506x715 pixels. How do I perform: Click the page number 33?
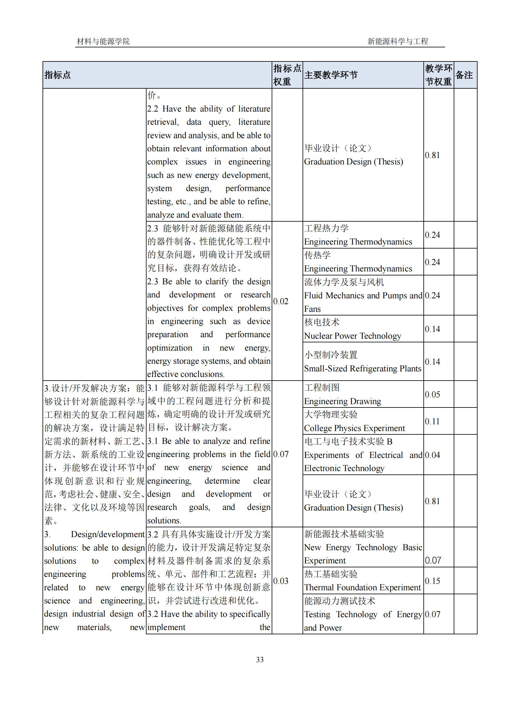259,659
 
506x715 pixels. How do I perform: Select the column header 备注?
464,75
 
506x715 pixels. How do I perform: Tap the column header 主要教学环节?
331,75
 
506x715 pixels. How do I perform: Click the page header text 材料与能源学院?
103,41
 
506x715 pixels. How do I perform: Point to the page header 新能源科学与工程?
398,41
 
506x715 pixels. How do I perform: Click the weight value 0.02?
281,301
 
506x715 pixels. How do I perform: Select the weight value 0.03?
281,581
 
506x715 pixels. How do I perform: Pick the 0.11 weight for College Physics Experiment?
432,421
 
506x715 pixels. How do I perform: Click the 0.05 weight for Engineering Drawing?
432,395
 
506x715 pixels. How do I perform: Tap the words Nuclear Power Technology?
352,336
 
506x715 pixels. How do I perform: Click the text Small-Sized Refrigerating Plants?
362,368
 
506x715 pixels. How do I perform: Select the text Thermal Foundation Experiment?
362,587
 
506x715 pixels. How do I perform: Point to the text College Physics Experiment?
354,428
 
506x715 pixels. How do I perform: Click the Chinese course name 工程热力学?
326,228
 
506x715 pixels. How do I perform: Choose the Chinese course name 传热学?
318,255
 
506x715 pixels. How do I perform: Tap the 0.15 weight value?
432,581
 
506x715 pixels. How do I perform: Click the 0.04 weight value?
432,455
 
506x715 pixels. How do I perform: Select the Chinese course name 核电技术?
322,322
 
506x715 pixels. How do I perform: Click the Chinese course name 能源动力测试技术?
340,601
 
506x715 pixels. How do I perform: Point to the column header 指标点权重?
287,75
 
